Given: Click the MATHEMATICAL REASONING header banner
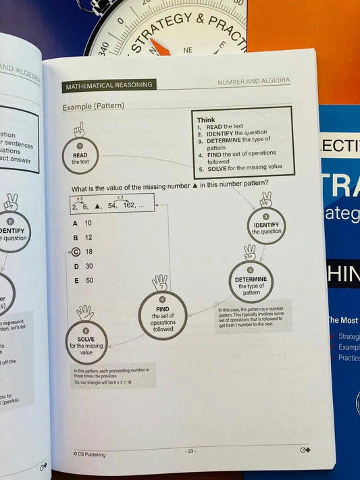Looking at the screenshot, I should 108,86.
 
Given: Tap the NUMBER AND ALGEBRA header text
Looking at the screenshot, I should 253,81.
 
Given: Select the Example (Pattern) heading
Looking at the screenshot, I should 93,107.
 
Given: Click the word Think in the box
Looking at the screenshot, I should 206,119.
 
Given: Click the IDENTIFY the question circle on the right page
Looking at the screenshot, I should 266,227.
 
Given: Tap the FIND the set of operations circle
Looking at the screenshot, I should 162,317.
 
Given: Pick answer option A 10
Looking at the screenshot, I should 82,223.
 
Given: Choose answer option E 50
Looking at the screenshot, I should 83,280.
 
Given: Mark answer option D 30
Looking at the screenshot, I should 83,266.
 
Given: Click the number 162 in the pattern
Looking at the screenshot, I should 129,205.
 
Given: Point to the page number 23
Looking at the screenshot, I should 190,450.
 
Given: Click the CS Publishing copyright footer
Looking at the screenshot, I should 89,454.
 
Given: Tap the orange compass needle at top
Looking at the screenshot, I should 159,47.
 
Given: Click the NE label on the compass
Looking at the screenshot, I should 188,49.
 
